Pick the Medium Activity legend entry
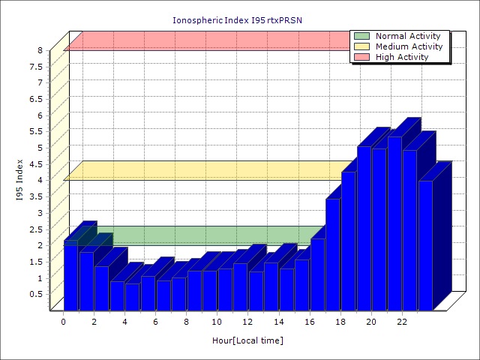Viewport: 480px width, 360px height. tap(409, 46)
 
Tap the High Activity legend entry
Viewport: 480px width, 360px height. tap(402, 57)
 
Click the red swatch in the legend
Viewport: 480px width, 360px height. tap(362, 57)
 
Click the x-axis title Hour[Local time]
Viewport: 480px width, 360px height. tap(247, 340)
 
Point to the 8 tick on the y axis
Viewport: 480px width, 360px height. tap(40, 50)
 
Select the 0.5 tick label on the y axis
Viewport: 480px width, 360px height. tap(37, 293)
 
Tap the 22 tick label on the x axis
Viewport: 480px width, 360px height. tap(402, 322)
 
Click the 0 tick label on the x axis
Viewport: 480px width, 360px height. tap(64, 322)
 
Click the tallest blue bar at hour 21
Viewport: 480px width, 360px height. tap(394, 225)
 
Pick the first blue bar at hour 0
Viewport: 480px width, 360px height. tap(70, 277)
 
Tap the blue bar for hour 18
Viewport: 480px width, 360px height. tap(348, 240)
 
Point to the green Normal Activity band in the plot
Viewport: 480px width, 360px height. tap(210, 235)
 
